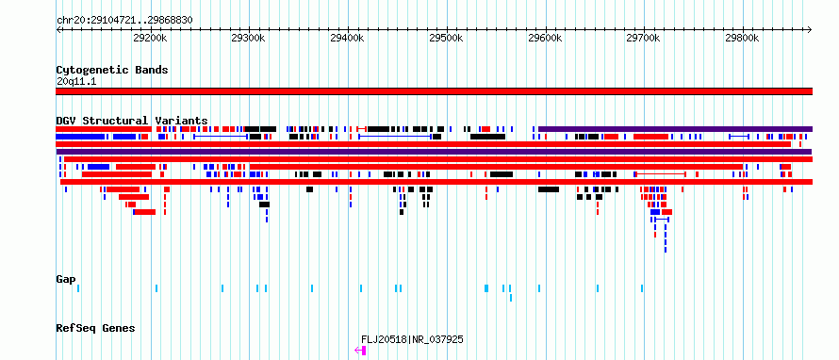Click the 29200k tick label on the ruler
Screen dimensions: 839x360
click(149, 38)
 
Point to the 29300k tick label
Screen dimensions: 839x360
click(248, 38)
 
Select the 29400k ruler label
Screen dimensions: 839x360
click(347, 38)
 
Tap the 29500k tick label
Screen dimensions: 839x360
click(446, 38)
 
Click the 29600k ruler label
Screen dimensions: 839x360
click(545, 38)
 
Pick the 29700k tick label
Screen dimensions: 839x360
click(644, 38)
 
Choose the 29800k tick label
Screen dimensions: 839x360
click(742, 38)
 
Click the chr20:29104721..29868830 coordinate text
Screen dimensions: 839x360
click(124, 21)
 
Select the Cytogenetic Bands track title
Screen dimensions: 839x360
click(112, 70)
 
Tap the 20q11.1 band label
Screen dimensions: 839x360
click(76, 81)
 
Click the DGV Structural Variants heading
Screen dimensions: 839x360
click(132, 121)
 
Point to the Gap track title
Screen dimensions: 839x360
click(66, 279)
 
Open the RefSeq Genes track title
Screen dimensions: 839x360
click(95, 328)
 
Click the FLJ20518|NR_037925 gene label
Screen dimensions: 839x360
click(412, 339)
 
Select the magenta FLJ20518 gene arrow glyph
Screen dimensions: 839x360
click(360, 351)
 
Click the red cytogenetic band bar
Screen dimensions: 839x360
click(434, 91)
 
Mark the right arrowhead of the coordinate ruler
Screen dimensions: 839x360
click(810, 29)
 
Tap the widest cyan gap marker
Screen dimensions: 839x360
click(486, 288)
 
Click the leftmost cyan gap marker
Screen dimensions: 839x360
click(78, 288)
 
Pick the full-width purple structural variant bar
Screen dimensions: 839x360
click(434, 152)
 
